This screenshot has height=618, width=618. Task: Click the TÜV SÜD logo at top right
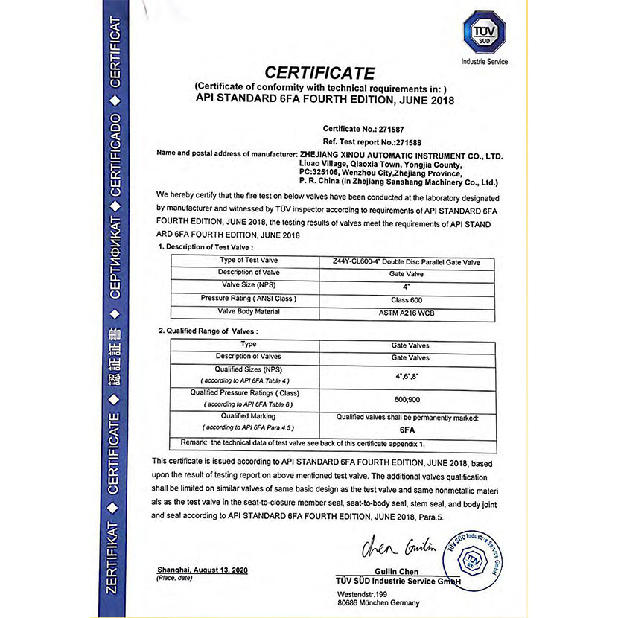484,34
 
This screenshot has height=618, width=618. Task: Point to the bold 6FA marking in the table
407,430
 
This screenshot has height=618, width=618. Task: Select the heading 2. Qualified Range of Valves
208,330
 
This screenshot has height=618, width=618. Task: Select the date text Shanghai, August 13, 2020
203,570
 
